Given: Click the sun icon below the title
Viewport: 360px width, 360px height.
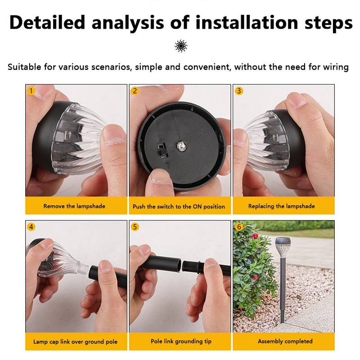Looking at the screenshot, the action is coord(181,46).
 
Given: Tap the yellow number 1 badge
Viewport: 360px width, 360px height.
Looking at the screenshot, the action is coord(31,91).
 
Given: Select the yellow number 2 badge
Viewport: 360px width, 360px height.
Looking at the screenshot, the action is coord(135,91).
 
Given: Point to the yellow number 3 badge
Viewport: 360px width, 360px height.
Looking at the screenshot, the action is coord(239,91).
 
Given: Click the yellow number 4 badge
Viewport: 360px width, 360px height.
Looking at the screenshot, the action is coord(31,227).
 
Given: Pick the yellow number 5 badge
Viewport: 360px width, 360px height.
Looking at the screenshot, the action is coord(135,227).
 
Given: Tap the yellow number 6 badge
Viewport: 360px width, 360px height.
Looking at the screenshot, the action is coord(239,227).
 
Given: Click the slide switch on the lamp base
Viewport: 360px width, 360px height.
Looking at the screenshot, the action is coord(162,150).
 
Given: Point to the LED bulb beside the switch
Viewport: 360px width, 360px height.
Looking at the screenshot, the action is coord(181,146).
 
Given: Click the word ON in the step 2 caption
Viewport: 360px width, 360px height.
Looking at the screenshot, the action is coord(197,207).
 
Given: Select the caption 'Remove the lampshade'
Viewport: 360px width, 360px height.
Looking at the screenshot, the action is coord(74,206).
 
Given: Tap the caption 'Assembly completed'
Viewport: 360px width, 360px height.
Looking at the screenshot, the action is coord(285,341).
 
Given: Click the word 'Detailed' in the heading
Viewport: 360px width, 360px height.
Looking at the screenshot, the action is coord(47,22).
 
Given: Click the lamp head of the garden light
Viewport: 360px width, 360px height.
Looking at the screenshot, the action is coord(283,247).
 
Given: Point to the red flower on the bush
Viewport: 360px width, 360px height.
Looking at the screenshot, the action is coord(255,236).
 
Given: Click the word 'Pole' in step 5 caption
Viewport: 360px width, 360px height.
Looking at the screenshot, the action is coord(156,341).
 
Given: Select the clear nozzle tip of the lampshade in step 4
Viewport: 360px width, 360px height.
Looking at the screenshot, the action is coord(82,267).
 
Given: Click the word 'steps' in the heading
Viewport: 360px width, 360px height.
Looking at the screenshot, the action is coord(328,22).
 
